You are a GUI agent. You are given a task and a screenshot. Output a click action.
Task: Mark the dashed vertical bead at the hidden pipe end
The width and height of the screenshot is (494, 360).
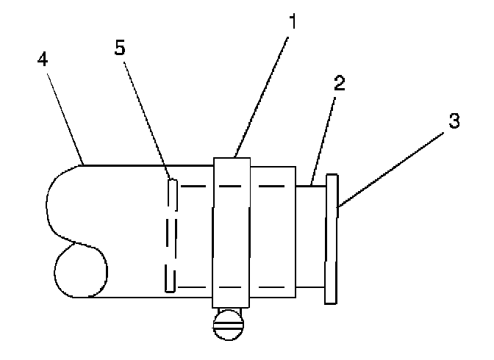[x=171, y=235]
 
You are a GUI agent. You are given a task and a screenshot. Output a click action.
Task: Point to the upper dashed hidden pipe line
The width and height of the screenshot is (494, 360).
[x=235, y=186]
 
